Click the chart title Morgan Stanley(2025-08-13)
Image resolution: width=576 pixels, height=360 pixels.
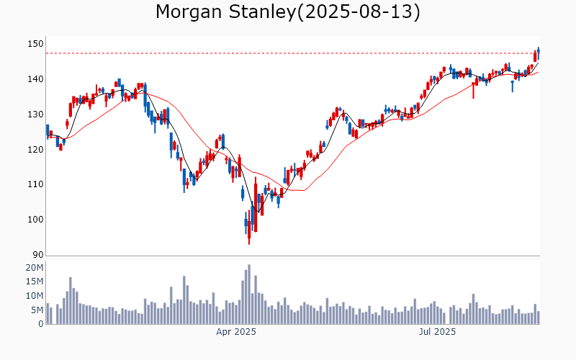click(288, 12)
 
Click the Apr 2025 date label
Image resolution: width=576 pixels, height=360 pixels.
click(236, 333)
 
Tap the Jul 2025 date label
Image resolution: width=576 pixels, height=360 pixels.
click(437, 333)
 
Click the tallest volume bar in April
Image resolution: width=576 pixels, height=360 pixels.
click(249, 294)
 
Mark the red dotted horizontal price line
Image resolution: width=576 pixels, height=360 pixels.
click(288, 53)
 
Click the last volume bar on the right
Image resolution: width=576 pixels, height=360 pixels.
click(538, 318)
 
